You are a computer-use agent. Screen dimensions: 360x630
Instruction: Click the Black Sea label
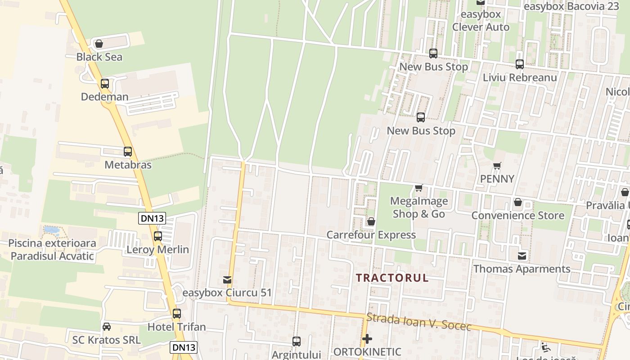pos(99,57)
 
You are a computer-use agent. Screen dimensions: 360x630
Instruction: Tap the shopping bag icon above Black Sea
pos(99,44)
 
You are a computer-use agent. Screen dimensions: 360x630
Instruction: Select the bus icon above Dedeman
pos(105,83)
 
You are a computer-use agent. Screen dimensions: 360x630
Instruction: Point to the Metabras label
pos(128,165)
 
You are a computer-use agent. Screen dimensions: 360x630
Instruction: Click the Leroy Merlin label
pos(157,249)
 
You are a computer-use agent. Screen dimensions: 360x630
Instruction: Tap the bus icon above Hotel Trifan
pos(177,313)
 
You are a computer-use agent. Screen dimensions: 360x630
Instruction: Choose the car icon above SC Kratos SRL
pos(107,326)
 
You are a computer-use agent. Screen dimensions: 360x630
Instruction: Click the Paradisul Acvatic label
pos(52,256)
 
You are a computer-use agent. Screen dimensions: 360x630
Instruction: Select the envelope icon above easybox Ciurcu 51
pos(227,280)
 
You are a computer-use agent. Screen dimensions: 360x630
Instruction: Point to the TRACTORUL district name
pos(392,278)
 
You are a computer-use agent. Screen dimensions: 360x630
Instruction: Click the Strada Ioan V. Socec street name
pos(418,322)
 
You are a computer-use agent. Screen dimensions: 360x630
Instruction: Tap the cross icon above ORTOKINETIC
pos(367,338)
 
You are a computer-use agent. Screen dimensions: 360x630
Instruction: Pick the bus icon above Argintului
pos(296,341)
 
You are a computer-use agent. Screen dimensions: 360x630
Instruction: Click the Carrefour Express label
pos(371,235)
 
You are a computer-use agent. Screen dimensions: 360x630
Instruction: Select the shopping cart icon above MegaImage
pos(419,188)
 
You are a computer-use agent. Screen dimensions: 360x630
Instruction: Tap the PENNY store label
pos(497,179)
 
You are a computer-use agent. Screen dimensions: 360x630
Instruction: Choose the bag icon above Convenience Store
pos(517,202)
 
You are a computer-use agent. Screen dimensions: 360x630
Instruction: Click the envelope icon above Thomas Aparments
pos(522,256)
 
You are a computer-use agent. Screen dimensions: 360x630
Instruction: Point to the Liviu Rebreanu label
pos(520,77)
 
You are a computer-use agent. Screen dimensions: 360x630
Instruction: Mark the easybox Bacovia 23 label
pos(571,6)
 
